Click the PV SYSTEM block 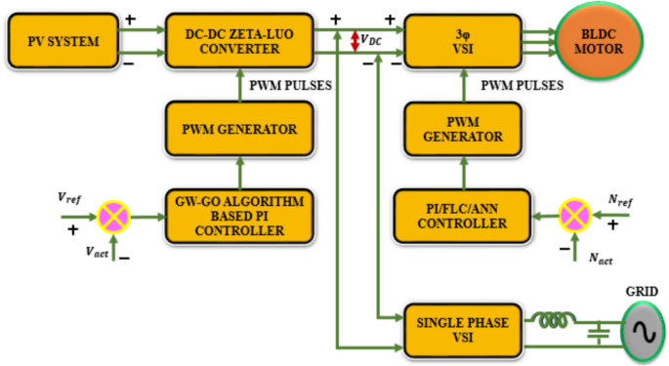63,41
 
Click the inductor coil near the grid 554,318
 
